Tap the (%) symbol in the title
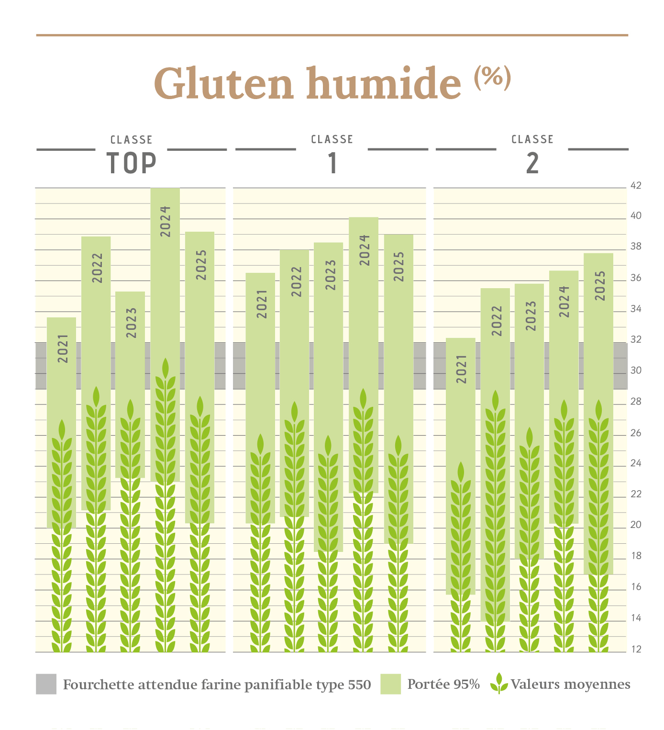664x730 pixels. (x=493, y=77)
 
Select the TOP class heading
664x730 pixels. (x=132, y=163)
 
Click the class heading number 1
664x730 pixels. (x=332, y=163)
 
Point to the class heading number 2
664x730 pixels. (x=532, y=163)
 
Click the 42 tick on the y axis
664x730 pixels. (x=636, y=186)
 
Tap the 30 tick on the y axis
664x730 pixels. (x=636, y=371)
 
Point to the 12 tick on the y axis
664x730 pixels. (x=636, y=649)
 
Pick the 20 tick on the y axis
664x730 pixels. (x=636, y=525)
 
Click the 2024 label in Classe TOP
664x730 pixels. (x=166, y=221)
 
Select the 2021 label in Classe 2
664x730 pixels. (x=461, y=369)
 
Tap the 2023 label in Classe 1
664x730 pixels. (x=331, y=275)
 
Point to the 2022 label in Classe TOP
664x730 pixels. (x=97, y=268)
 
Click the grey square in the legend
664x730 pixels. (x=46, y=684)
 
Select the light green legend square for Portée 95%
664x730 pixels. (x=390, y=684)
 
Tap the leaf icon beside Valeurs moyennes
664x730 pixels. (x=499, y=684)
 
